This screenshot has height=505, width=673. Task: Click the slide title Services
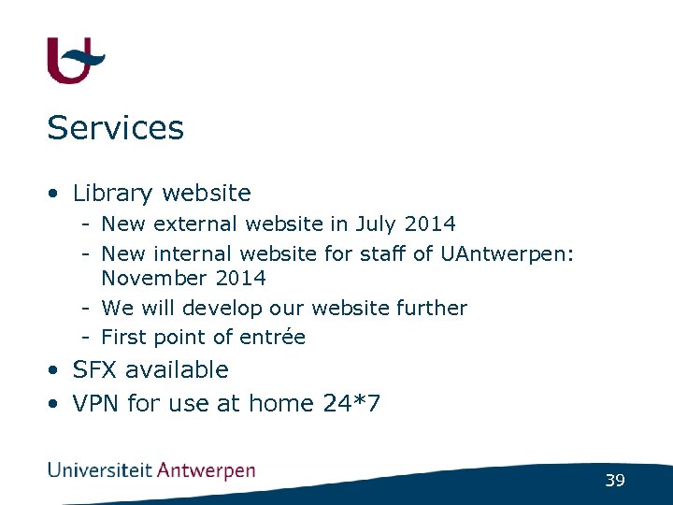(x=115, y=128)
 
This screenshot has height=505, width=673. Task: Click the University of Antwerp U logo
(x=75, y=60)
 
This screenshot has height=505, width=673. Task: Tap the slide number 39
(x=614, y=481)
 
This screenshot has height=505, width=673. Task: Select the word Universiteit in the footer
(x=99, y=470)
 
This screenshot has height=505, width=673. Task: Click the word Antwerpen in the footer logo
(x=206, y=470)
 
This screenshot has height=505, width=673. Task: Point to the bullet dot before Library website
(x=57, y=194)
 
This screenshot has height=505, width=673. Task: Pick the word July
(x=375, y=224)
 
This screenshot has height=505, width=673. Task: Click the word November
(x=145, y=279)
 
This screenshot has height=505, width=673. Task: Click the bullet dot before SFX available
(x=57, y=370)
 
